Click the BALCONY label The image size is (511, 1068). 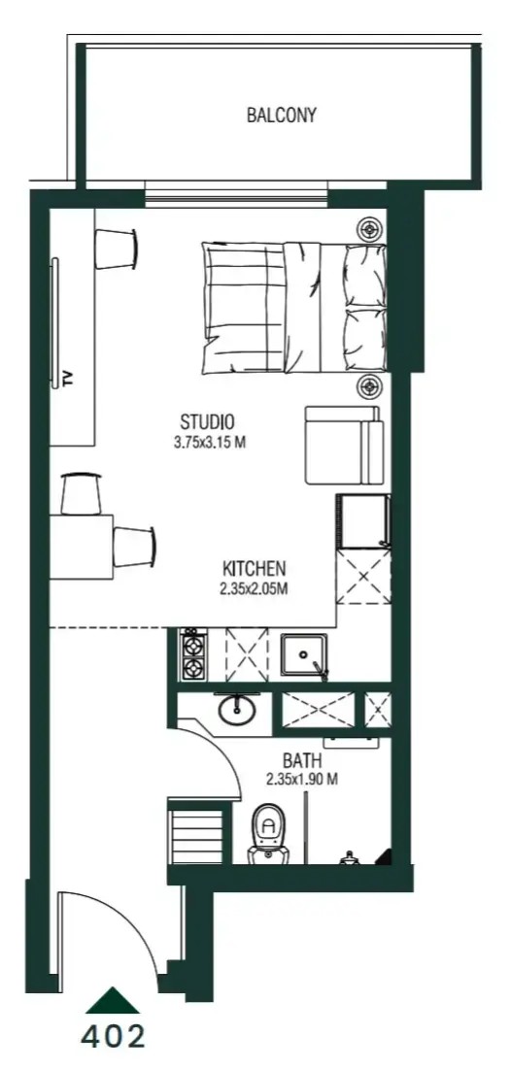pyautogui.click(x=282, y=115)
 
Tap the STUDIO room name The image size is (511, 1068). pyautogui.click(x=207, y=420)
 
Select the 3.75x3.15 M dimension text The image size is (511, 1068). pyautogui.click(x=210, y=443)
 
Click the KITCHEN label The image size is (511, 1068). pyautogui.click(x=254, y=568)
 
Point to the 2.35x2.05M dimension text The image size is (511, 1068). pyautogui.click(x=254, y=589)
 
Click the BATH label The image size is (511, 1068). pyautogui.click(x=302, y=760)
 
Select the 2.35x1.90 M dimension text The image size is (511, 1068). pyautogui.click(x=303, y=780)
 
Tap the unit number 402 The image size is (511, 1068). pyautogui.click(x=113, y=1037)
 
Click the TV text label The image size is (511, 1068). pyautogui.click(x=67, y=379)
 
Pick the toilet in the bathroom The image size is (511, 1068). pyautogui.click(x=268, y=833)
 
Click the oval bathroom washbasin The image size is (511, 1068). pyautogui.click(x=237, y=712)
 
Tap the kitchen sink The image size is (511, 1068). pyautogui.click(x=304, y=654)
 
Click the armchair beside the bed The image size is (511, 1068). pyautogui.click(x=343, y=445)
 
